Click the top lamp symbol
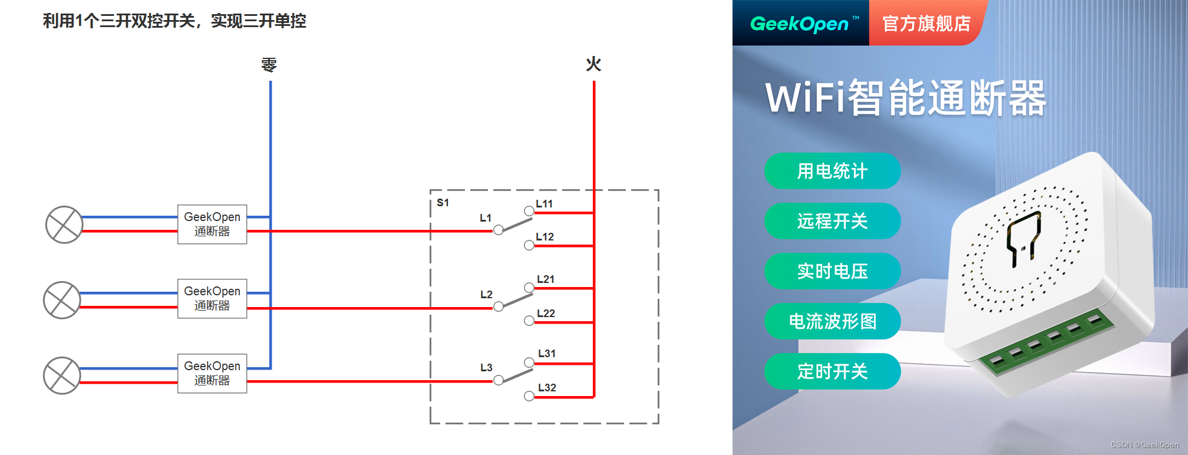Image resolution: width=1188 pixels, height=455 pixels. (x=64, y=225)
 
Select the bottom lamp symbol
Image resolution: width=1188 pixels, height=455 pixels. (x=62, y=375)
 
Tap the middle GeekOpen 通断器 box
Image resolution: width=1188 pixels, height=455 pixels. (x=212, y=298)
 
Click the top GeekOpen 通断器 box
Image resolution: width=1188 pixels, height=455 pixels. (x=212, y=224)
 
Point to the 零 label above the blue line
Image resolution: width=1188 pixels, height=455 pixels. (x=269, y=64)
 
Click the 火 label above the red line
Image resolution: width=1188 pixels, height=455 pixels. (x=593, y=64)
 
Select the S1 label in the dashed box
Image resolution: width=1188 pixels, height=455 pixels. (x=443, y=203)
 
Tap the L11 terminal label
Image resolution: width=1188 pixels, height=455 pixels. (x=544, y=204)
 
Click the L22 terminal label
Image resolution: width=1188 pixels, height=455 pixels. (x=546, y=314)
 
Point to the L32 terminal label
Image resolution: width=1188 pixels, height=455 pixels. (x=547, y=388)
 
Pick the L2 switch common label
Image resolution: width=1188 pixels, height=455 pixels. (x=486, y=295)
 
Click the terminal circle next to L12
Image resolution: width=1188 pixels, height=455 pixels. (x=529, y=245)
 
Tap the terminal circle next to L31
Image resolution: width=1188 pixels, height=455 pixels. (x=529, y=362)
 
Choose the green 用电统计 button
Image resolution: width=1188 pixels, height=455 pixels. (x=832, y=171)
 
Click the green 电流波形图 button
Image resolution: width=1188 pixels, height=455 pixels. (x=832, y=321)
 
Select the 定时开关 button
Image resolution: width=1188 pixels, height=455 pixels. (x=832, y=371)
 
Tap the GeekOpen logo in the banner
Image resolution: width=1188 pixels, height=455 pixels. (x=799, y=24)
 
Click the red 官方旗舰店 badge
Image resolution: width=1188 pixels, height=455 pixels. (x=926, y=24)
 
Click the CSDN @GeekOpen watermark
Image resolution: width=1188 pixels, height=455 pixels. (x=1144, y=445)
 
